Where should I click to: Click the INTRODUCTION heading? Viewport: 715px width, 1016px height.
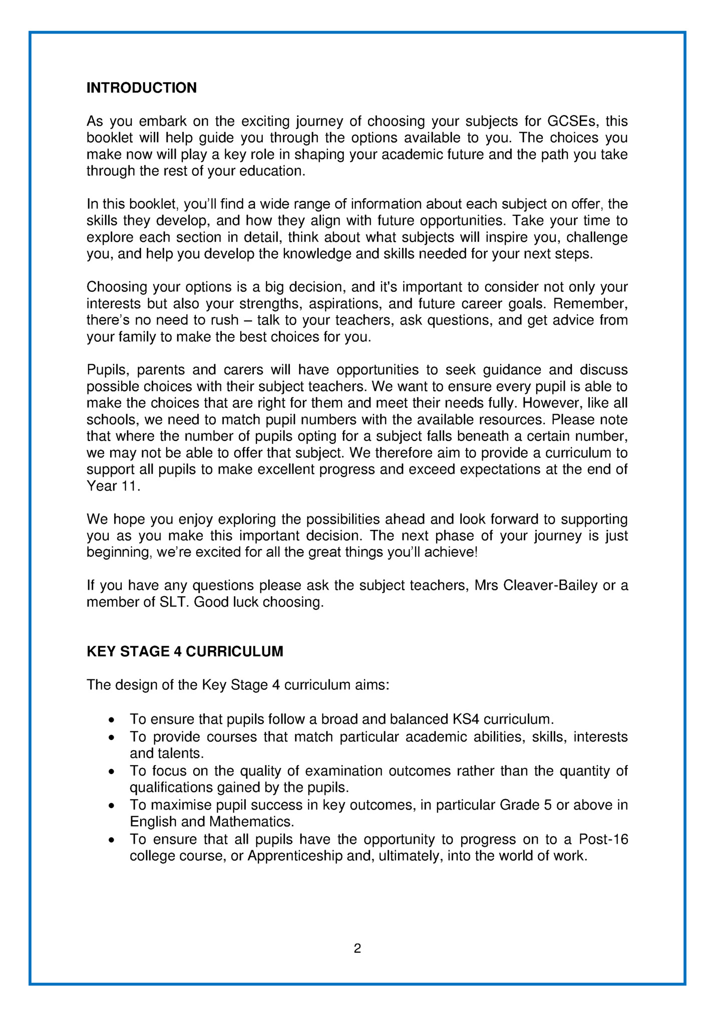click(142, 88)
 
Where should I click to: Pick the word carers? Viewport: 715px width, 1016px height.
click(243, 370)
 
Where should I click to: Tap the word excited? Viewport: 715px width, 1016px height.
click(221, 553)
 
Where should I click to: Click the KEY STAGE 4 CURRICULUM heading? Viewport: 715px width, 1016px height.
click(185, 651)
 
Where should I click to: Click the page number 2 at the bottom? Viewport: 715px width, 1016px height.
click(357, 948)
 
